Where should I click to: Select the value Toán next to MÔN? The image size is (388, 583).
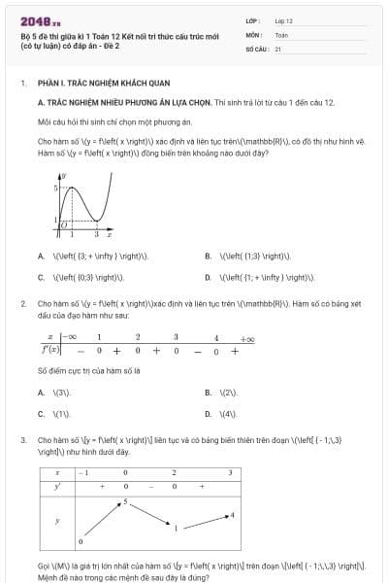coord(281,34)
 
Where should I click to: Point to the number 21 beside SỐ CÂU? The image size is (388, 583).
coord(278,48)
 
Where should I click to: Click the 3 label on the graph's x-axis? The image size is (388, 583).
coord(96,235)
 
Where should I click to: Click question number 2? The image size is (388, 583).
coord(22,304)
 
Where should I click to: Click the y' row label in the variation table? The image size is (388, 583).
coord(57,486)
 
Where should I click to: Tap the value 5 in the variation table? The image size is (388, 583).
coord(124,502)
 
